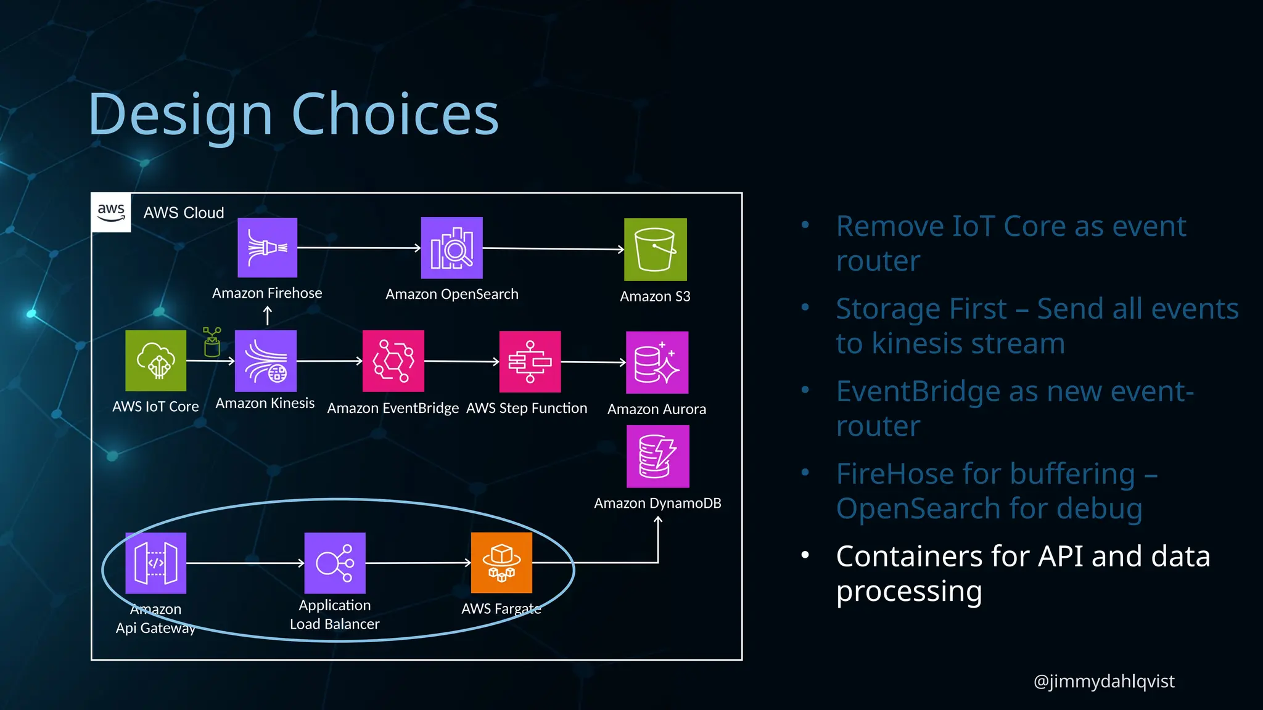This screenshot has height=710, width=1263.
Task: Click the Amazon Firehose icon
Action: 267,247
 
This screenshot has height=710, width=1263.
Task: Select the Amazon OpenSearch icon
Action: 451,248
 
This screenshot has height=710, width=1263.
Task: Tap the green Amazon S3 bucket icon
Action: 655,249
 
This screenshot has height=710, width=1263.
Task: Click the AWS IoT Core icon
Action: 155,360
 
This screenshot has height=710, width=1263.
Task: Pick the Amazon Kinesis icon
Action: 266,361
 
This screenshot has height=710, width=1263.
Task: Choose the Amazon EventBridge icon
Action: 393,361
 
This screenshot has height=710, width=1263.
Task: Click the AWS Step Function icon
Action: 530,361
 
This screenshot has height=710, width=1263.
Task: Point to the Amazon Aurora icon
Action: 657,362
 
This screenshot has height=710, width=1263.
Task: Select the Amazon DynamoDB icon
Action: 657,456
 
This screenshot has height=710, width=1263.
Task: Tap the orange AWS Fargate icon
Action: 501,563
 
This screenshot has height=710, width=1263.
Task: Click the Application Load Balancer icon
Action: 335,563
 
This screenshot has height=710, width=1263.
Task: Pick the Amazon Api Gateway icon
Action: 155,563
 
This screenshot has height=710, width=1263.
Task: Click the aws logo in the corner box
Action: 111,212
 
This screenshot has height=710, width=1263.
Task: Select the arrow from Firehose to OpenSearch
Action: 358,248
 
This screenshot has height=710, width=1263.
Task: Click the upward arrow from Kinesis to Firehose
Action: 267,316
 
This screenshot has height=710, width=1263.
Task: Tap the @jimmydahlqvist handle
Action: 1103,681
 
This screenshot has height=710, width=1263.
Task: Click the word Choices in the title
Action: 395,114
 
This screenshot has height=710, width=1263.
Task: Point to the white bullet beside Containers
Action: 805,555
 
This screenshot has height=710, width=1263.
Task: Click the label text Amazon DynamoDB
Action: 657,503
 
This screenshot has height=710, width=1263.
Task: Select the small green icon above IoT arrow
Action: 212,342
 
